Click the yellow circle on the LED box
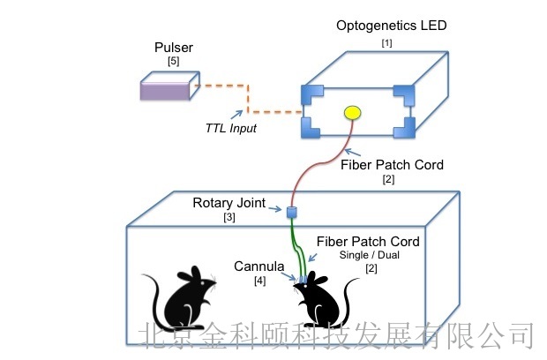(352, 113)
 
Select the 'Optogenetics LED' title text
(391, 26)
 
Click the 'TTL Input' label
(232, 129)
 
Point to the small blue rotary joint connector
(290, 211)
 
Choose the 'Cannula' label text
(259, 266)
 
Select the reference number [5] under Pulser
(172, 62)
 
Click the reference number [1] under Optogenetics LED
(386, 42)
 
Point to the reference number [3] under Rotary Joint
(229, 218)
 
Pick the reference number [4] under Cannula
(259, 281)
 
